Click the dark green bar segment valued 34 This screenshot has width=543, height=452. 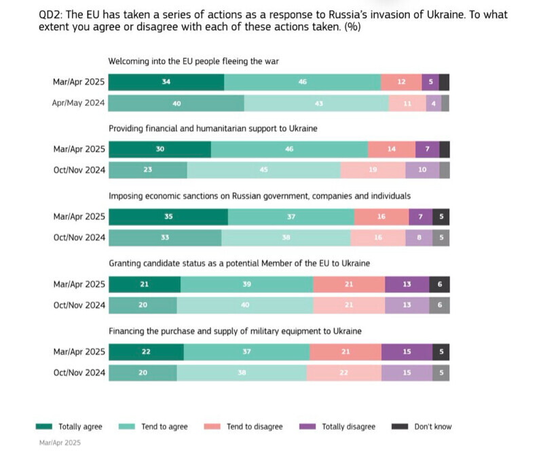click(x=166, y=82)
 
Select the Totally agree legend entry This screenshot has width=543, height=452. click(x=69, y=427)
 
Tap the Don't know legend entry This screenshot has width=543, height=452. click(x=422, y=427)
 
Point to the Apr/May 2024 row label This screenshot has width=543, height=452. click(x=79, y=103)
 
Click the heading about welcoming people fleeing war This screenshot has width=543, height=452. click(x=194, y=61)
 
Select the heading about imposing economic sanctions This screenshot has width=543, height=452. click(x=260, y=195)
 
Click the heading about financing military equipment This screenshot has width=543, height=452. click(x=235, y=331)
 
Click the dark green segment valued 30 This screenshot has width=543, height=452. click(x=160, y=149)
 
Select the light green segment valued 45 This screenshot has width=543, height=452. click(x=264, y=170)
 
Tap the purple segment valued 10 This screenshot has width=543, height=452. click(x=422, y=170)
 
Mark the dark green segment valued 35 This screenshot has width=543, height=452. click(x=168, y=217)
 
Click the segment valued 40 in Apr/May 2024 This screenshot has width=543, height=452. click(x=176, y=103)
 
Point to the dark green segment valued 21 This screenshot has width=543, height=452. click(x=145, y=284)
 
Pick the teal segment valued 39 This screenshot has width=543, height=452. click(x=247, y=284)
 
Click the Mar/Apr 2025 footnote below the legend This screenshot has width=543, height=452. click(x=60, y=442)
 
